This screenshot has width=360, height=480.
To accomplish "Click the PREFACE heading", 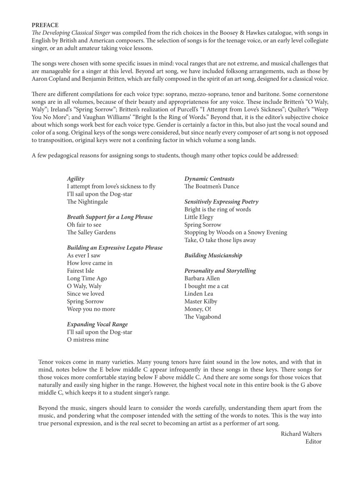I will tap(45, 25).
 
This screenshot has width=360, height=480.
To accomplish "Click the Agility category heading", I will tap(75, 179).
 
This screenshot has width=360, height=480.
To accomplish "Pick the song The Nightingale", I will tap(87, 202).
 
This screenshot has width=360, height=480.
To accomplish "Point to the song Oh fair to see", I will tap(84, 225).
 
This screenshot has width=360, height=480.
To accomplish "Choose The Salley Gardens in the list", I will tap(91, 232).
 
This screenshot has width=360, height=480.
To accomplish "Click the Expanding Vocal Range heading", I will tap(97, 324).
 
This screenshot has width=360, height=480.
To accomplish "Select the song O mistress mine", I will tap(87, 340).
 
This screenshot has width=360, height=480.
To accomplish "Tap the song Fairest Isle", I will tap(80, 270).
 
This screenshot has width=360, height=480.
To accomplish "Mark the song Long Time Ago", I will tap(87, 278).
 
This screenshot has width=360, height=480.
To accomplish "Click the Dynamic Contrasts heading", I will tap(209, 179).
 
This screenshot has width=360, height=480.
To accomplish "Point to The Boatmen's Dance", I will tap(212, 186).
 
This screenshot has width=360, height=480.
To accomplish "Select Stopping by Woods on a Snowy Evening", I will tap(235, 232).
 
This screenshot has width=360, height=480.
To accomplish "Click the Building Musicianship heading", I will tap(213, 255).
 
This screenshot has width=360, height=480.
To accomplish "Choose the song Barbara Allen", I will tap(202, 278).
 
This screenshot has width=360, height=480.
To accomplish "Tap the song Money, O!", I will tap(197, 309).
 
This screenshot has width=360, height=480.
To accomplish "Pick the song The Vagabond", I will tap(202, 317).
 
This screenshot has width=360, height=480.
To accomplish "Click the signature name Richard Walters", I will tap(301, 434).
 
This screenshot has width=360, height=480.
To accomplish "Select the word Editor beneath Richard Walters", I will tap(313, 441).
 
